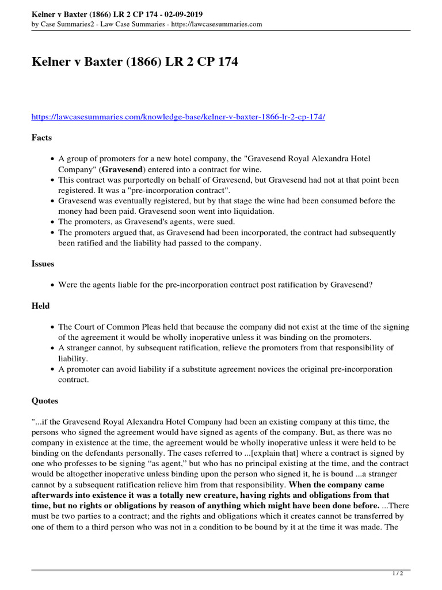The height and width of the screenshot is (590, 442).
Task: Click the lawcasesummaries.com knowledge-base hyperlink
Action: [178, 117]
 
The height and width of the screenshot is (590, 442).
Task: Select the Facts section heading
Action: [41, 138]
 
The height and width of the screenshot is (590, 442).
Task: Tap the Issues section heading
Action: [43, 263]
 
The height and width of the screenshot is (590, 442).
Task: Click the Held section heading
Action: [40, 305]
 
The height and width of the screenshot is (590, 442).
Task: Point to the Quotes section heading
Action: [45, 400]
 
